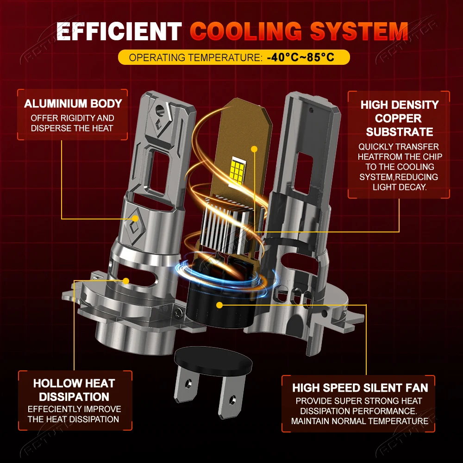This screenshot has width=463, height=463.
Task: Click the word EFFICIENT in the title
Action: (x=119, y=31)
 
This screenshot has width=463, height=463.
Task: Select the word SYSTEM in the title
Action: (x=359, y=31)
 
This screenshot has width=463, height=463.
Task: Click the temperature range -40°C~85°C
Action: (x=300, y=57)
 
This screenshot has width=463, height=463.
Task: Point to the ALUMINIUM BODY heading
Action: (x=73, y=104)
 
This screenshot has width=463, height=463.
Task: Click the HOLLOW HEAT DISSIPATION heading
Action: (x=74, y=390)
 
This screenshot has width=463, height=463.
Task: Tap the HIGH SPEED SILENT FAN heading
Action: (x=360, y=388)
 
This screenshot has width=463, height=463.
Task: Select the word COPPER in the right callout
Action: (x=398, y=119)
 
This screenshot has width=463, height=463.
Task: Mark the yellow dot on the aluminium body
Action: (x=135, y=219)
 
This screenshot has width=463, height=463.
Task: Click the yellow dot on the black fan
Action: (x=219, y=305)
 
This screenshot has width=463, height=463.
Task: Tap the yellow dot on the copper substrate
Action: (x=254, y=149)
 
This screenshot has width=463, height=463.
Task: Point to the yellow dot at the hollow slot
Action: (x=126, y=281)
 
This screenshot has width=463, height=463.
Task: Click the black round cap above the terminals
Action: (x=213, y=361)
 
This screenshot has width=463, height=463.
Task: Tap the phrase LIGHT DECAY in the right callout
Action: (x=400, y=187)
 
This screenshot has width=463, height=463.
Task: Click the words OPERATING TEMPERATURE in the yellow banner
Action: (x=195, y=57)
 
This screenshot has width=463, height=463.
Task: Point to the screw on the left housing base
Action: (x=178, y=312)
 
